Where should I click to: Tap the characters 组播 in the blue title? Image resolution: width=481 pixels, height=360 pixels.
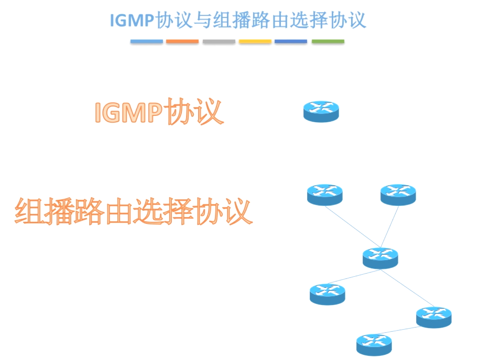[228, 21]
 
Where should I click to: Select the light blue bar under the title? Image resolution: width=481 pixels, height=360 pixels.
[146, 42]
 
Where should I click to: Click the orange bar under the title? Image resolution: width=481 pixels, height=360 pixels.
[182, 42]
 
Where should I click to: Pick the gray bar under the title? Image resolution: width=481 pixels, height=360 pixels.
[219, 42]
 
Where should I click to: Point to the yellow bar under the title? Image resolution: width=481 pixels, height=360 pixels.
[255, 42]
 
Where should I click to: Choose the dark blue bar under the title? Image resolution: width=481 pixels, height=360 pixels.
[291, 42]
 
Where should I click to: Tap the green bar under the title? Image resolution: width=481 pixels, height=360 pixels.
[328, 42]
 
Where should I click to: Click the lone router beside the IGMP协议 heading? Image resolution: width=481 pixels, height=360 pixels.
[321, 111]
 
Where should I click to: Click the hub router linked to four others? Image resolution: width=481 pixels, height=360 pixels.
[380, 257]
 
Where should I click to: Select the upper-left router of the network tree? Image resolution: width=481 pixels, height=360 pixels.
[325, 194]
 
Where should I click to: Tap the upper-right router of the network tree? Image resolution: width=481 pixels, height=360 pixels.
[398, 194]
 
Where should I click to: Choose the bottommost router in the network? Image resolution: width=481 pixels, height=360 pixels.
[374, 344]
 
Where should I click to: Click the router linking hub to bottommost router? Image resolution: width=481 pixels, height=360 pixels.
[434, 317]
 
